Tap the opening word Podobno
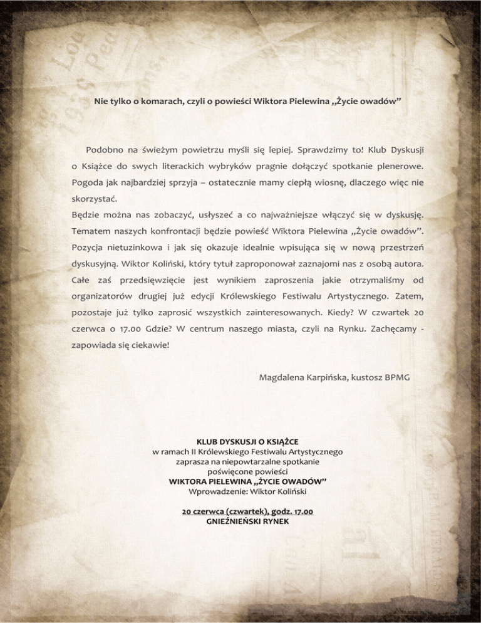point(104,151)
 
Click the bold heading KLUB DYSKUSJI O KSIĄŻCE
point(247,442)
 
